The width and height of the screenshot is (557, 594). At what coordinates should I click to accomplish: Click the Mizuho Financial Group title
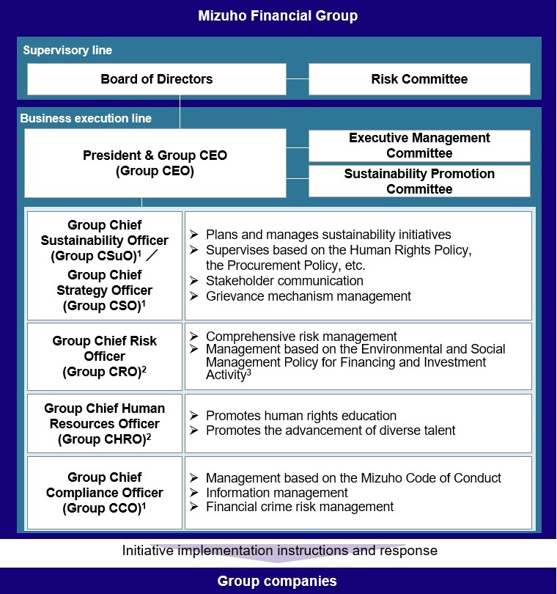coord(278,15)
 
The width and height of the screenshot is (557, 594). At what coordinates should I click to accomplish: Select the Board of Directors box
coord(156,79)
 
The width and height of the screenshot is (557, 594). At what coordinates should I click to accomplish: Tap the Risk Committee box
coord(418,79)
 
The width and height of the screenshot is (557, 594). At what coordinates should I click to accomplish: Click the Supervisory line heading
coord(67,51)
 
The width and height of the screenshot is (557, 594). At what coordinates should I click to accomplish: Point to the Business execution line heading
coord(86,118)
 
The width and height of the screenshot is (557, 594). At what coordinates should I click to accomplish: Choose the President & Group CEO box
coord(155,163)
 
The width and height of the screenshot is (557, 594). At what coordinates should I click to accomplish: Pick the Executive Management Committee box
coord(418,145)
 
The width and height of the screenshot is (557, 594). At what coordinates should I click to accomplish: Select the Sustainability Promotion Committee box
coord(418,181)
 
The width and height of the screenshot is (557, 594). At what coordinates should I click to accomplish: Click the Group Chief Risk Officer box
coord(104,356)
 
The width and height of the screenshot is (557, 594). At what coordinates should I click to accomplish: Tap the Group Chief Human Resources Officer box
coord(104,424)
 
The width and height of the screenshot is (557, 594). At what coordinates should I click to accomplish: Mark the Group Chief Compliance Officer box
coord(104,492)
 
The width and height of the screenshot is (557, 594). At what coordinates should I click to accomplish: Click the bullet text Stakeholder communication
coord(284,281)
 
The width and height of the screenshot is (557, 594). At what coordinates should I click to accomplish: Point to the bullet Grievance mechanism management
coord(309,296)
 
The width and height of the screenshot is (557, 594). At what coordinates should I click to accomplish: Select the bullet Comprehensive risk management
coord(301,337)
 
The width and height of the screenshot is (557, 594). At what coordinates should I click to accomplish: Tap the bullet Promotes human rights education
coord(301,416)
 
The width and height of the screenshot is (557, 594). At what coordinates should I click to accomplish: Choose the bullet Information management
coord(277,493)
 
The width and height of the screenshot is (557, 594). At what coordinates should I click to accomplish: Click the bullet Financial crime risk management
coord(300,507)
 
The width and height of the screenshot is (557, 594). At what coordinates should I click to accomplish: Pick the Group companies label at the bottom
coord(277,582)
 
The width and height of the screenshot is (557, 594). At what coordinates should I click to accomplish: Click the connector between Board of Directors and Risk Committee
coord(297,79)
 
